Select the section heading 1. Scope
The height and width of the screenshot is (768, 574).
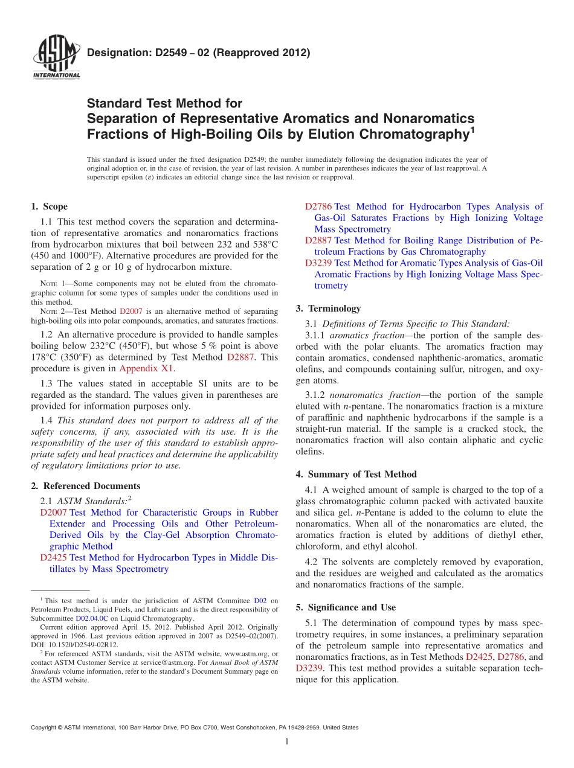click(49, 207)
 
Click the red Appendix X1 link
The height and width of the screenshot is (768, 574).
click(146, 368)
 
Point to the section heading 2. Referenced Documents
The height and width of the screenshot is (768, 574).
click(85, 486)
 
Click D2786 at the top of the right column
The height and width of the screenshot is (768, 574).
click(318, 207)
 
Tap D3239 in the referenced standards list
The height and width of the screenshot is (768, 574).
click(318, 263)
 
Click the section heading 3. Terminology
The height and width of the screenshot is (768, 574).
click(328, 309)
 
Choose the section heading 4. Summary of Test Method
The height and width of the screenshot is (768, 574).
click(356, 475)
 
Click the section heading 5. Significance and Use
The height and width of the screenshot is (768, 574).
click(346, 607)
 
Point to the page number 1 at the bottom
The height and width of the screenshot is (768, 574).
click(287, 742)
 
